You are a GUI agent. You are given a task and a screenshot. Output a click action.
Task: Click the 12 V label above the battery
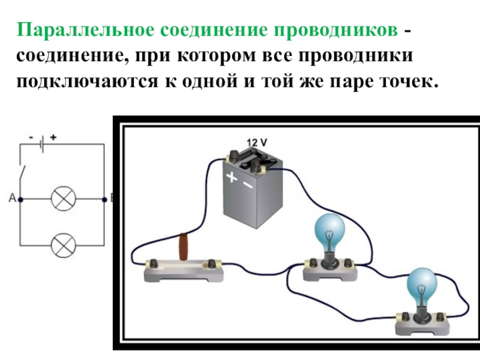[257, 143]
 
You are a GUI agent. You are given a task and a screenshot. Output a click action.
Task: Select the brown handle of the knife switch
[185, 247]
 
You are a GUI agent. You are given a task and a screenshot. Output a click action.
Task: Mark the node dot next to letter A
[21, 199]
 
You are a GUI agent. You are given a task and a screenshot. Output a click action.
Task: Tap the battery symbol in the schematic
[41, 144]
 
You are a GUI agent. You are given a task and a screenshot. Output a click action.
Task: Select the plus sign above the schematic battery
[53, 137]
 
